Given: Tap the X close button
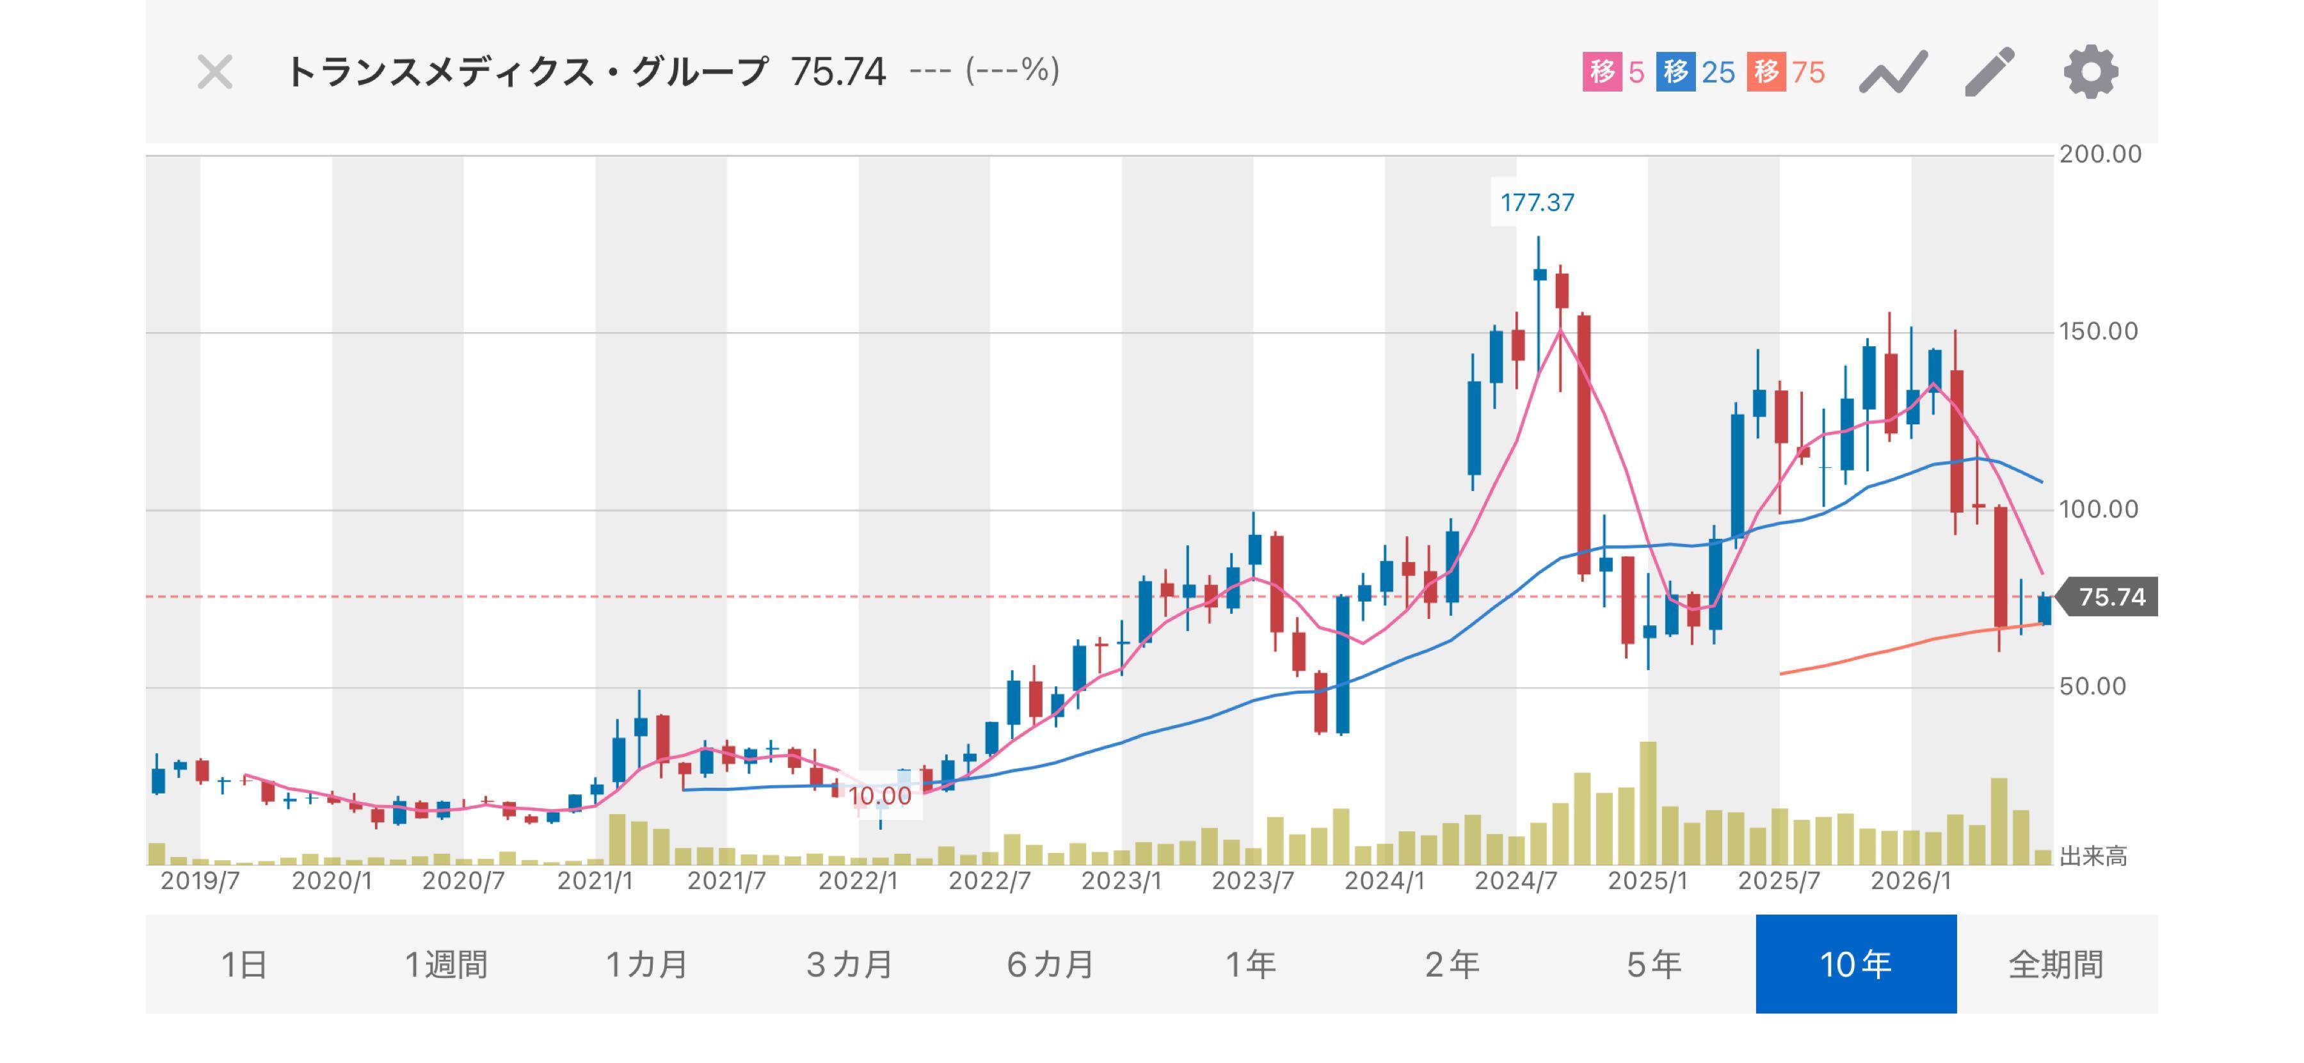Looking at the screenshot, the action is pos(214,72).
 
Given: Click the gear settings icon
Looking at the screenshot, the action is pos(2090,72).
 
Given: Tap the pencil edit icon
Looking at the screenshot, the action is pos(1989,72).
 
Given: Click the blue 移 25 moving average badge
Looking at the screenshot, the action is pos(1695,72).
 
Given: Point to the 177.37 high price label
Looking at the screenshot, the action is pos(1537,203).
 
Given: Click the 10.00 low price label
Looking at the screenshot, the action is pos(879,795).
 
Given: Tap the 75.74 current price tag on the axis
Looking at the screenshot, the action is pos(2110,597).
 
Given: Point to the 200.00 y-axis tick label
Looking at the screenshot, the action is pos(2100,155).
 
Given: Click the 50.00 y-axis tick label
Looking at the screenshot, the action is pos(2092,687).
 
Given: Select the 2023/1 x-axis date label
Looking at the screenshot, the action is pos(1121,881).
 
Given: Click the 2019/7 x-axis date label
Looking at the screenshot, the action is pos(200,881).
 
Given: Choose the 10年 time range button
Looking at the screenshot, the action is pos(1856,964).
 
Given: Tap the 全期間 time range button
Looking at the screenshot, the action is pos(2056,964).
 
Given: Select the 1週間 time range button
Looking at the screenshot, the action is pos(446,964).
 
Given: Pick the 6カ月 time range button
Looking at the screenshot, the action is pos(1050,964).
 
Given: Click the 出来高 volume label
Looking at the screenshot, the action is pos(2093,856).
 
